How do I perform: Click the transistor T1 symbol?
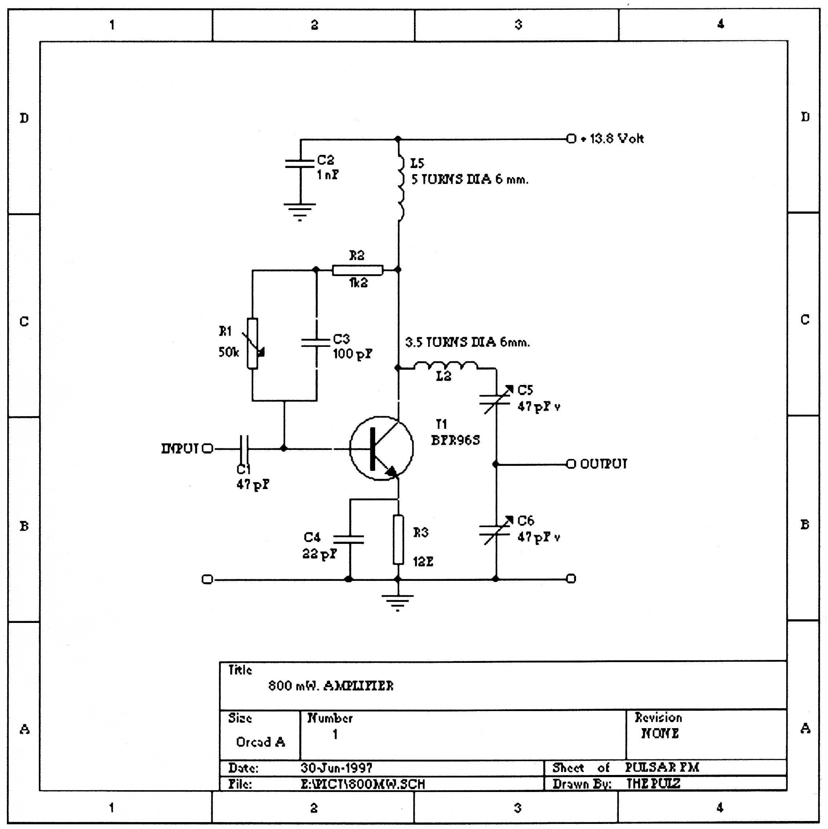pyautogui.click(x=381, y=448)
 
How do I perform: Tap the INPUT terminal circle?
pyautogui.click(x=207, y=449)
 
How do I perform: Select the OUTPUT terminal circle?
pyautogui.click(x=571, y=464)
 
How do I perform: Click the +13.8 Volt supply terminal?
pyautogui.click(x=571, y=139)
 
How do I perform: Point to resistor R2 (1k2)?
pyautogui.click(x=357, y=270)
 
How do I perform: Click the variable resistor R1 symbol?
pyautogui.click(x=252, y=343)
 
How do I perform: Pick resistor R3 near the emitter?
pyautogui.click(x=398, y=539)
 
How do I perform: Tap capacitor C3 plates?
pyautogui.click(x=317, y=342)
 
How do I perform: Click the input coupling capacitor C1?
pyautogui.click(x=244, y=449)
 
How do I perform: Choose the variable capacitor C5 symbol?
pyautogui.click(x=496, y=399)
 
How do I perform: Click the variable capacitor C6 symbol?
pyautogui.click(x=496, y=530)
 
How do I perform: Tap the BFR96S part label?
pyautogui.click(x=455, y=440)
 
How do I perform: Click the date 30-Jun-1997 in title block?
pyautogui.click(x=336, y=768)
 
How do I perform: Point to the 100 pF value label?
pyautogui.click(x=353, y=354)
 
